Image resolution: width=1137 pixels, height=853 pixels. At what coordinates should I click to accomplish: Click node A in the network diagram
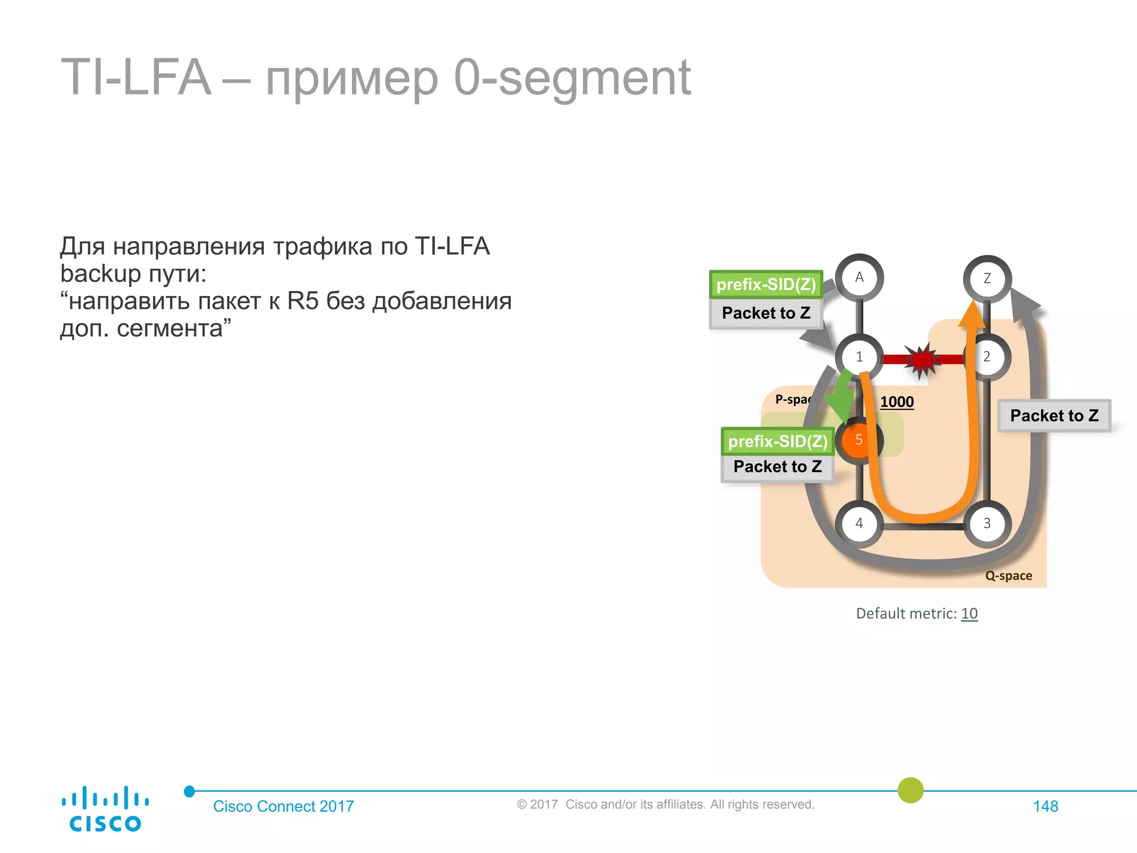(859, 278)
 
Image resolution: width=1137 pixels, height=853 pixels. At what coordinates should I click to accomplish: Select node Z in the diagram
(987, 279)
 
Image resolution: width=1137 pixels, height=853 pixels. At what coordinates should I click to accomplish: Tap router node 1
(859, 357)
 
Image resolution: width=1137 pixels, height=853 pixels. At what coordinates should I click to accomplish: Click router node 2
(987, 357)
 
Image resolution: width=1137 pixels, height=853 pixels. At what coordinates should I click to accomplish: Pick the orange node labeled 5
(858, 440)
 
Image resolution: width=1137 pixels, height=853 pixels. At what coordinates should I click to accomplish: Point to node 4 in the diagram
(859, 523)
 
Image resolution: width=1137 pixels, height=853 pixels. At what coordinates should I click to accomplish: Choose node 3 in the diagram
(987, 523)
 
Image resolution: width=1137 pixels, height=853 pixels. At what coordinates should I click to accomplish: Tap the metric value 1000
(897, 402)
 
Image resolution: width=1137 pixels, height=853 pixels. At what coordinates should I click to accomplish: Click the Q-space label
(1008, 576)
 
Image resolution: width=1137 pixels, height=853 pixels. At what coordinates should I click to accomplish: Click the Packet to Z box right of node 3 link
(1054, 415)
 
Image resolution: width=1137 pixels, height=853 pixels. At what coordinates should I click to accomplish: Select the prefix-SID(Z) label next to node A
(766, 284)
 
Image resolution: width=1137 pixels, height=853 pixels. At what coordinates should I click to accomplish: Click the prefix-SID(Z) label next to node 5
(778, 441)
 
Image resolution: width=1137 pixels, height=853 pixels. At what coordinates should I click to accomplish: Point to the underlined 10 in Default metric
(969, 614)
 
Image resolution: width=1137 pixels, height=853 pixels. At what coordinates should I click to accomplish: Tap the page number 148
(1045, 806)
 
